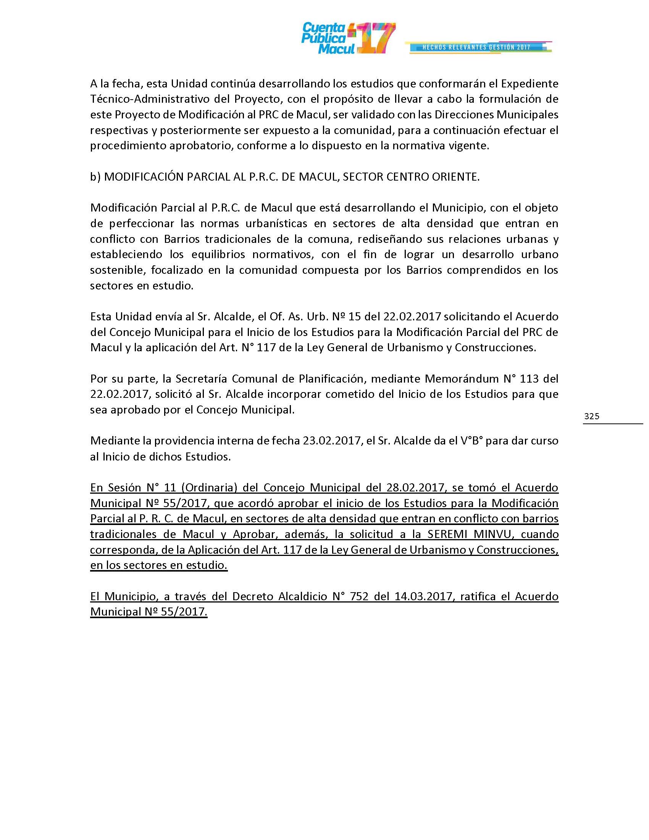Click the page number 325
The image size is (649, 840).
[x=592, y=416]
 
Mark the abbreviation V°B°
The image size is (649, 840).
[x=472, y=440]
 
